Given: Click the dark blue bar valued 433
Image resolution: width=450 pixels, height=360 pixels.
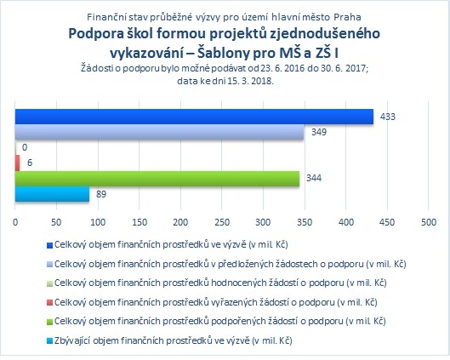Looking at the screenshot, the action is pyautogui.click(x=194, y=117).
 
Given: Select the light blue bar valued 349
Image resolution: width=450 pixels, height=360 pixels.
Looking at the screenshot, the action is pyautogui.click(x=159, y=132).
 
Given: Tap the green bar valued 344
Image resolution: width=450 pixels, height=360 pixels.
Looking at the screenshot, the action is pyautogui.click(x=157, y=179).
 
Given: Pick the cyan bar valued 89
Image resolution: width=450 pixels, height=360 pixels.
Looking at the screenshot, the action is pyautogui.click(x=52, y=194).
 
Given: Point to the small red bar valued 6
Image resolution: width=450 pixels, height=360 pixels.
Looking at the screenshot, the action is pyautogui.click(x=18, y=163).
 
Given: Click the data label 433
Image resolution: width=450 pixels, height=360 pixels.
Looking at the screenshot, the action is pyautogui.click(x=387, y=117).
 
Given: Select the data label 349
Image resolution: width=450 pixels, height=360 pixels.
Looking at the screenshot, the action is pyautogui.click(x=319, y=132).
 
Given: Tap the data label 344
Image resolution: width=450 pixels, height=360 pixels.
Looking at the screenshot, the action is pyautogui.click(x=314, y=178).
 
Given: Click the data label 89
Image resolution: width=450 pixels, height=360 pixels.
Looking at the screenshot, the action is pyautogui.click(x=101, y=194).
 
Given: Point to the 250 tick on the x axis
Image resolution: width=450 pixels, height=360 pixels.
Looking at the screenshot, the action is pyautogui.click(x=222, y=222).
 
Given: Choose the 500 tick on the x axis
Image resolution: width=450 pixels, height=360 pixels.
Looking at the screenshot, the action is pyautogui.click(x=429, y=222).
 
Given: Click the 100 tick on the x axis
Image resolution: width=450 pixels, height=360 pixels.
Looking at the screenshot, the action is pyautogui.click(x=98, y=222).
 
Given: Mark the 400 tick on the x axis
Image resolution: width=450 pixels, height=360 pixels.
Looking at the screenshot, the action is pyautogui.click(x=346, y=222).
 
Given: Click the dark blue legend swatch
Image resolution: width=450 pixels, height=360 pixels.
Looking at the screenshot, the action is pyautogui.click(x=49, y=245).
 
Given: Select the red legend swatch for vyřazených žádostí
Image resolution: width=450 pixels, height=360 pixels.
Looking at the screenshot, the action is pyautogui.click(x=49, y=303).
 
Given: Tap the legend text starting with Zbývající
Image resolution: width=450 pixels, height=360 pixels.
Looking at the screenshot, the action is pyautogui.click(x=173, y=340).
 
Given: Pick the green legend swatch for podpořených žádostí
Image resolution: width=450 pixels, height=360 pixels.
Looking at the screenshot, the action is pyautogui.click(x=49, y=322).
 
